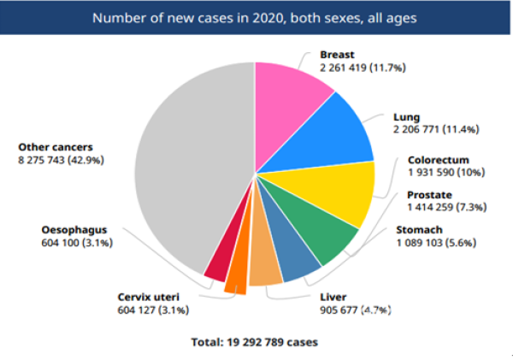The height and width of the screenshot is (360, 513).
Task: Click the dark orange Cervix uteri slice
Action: click(235, 278)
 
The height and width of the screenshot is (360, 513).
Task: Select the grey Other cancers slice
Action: click(188, 171)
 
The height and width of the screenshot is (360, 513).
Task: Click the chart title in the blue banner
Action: click(256, 18)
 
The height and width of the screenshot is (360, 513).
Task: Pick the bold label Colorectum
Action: click(437, 159)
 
